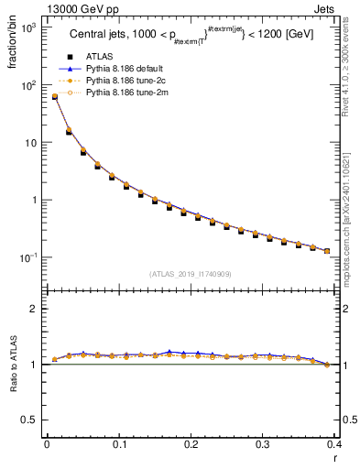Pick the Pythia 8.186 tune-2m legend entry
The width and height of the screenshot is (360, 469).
[122, 93]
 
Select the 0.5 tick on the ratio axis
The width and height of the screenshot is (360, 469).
[31, 420]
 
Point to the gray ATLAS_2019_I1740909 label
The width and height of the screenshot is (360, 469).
[191, 274]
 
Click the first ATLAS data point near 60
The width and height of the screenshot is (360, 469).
[54, 97]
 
